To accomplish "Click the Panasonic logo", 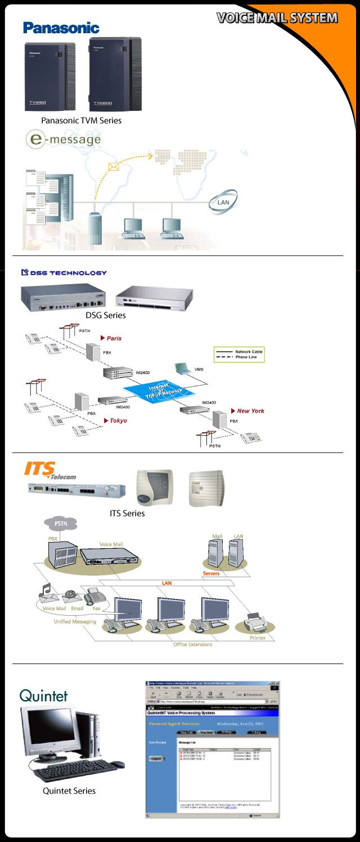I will [x=61, y=28].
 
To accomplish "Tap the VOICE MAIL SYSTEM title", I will [x=277, y=18].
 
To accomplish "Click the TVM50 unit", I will [x=50, y=76].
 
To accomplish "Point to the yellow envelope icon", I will [x=114, y=167].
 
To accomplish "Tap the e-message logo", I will [x=63, y=139].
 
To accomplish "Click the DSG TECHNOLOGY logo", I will [x=64, y=273].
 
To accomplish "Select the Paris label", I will [x=114, y=338].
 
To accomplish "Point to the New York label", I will [x=250, y=411].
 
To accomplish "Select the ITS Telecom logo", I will [x=50, y=471].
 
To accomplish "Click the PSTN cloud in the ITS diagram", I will [x=60, y=523].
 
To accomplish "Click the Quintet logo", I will [x=43, y=695].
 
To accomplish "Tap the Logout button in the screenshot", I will [x=157, y=758].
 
